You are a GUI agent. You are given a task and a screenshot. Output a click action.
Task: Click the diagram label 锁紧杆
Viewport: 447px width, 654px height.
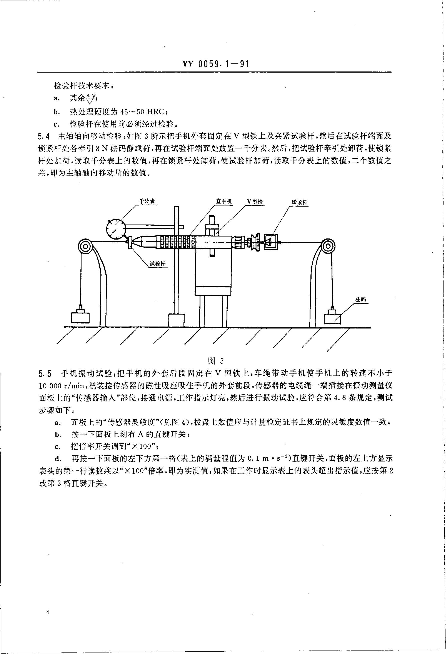[x=299, y=202]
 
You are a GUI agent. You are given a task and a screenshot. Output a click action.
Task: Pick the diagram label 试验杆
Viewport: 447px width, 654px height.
[x=157, y=264]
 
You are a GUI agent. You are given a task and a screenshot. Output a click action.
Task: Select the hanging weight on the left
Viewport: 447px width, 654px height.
[x=80, y=317]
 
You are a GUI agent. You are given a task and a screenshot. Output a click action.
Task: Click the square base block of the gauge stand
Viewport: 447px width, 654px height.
[x=176, y=320]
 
